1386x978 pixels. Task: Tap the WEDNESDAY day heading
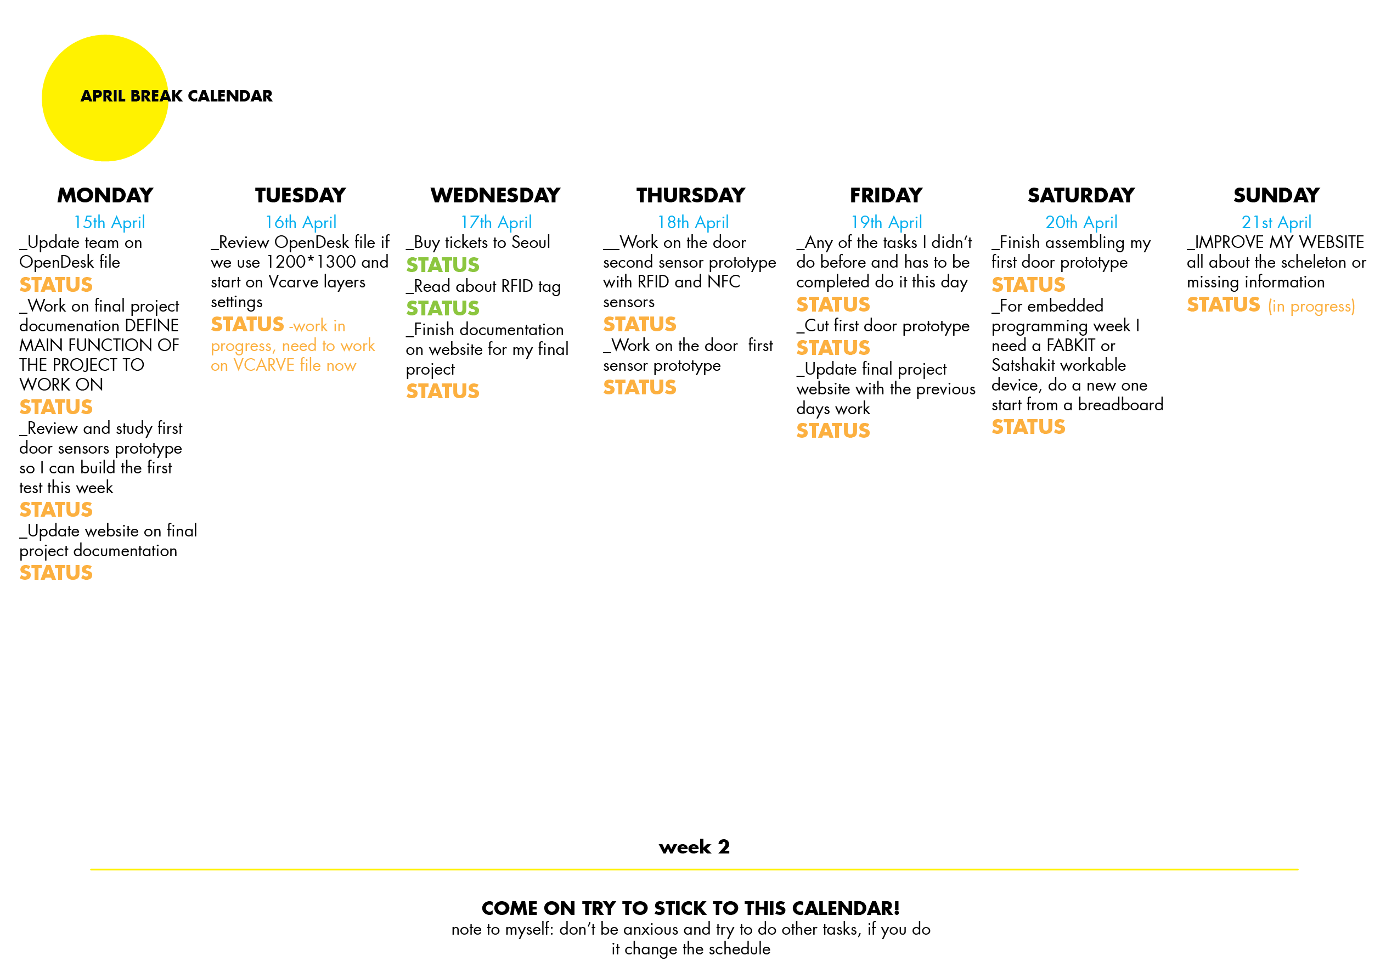click(495, 195)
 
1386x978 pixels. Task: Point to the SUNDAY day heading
click(1276, 195)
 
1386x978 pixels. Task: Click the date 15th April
click(109, 223)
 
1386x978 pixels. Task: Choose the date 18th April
click(693, 223)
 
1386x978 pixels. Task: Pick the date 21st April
click(1276, 223)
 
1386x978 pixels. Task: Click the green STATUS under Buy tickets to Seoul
click(442, 265)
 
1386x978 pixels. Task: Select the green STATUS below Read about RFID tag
click(442, 308)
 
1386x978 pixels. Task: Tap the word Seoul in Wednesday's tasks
click(531, 242)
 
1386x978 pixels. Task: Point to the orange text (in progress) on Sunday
click(1311, 307)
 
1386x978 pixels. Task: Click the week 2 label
click(694, 847)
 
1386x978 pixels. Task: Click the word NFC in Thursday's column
click(723, 282)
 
